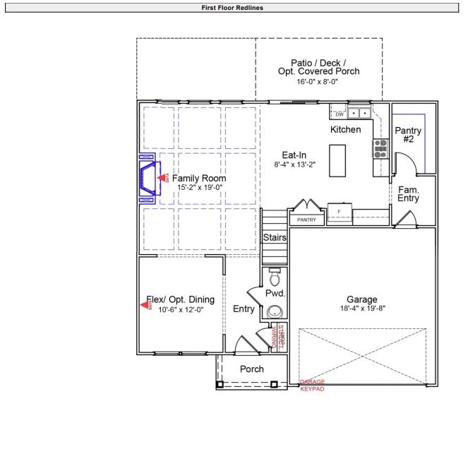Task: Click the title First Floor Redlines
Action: pyautogui.click(x=234, y=6)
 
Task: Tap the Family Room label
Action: pyautogui.click(x=194, y=179)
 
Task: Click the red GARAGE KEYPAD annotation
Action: pyautogui.click(x=312, y=386)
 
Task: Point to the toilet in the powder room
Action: pyautogui.click(x=275, y=273)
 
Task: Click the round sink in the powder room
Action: pyautogui.click(x=275, y=310)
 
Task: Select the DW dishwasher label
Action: pyautogui.click(x=339, y=114)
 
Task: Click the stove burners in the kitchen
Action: pyautogui.click(x=380, y=147)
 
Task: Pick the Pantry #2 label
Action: pyautogui.click(x=408, y=135)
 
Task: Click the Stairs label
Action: pyautogui.click(x=275, y=238)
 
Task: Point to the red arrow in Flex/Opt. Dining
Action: pyautogui.click(x=147, y=305)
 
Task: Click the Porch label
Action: pyautogui.click(x=252, y=369)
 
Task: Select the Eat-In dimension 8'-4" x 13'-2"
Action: pyautogui.click(x=294, y=164)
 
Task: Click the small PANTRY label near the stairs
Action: pyautogui.click(x=306, y=220)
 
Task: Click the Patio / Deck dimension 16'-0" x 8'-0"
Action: pyautogui.click(x=318, y=81)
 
